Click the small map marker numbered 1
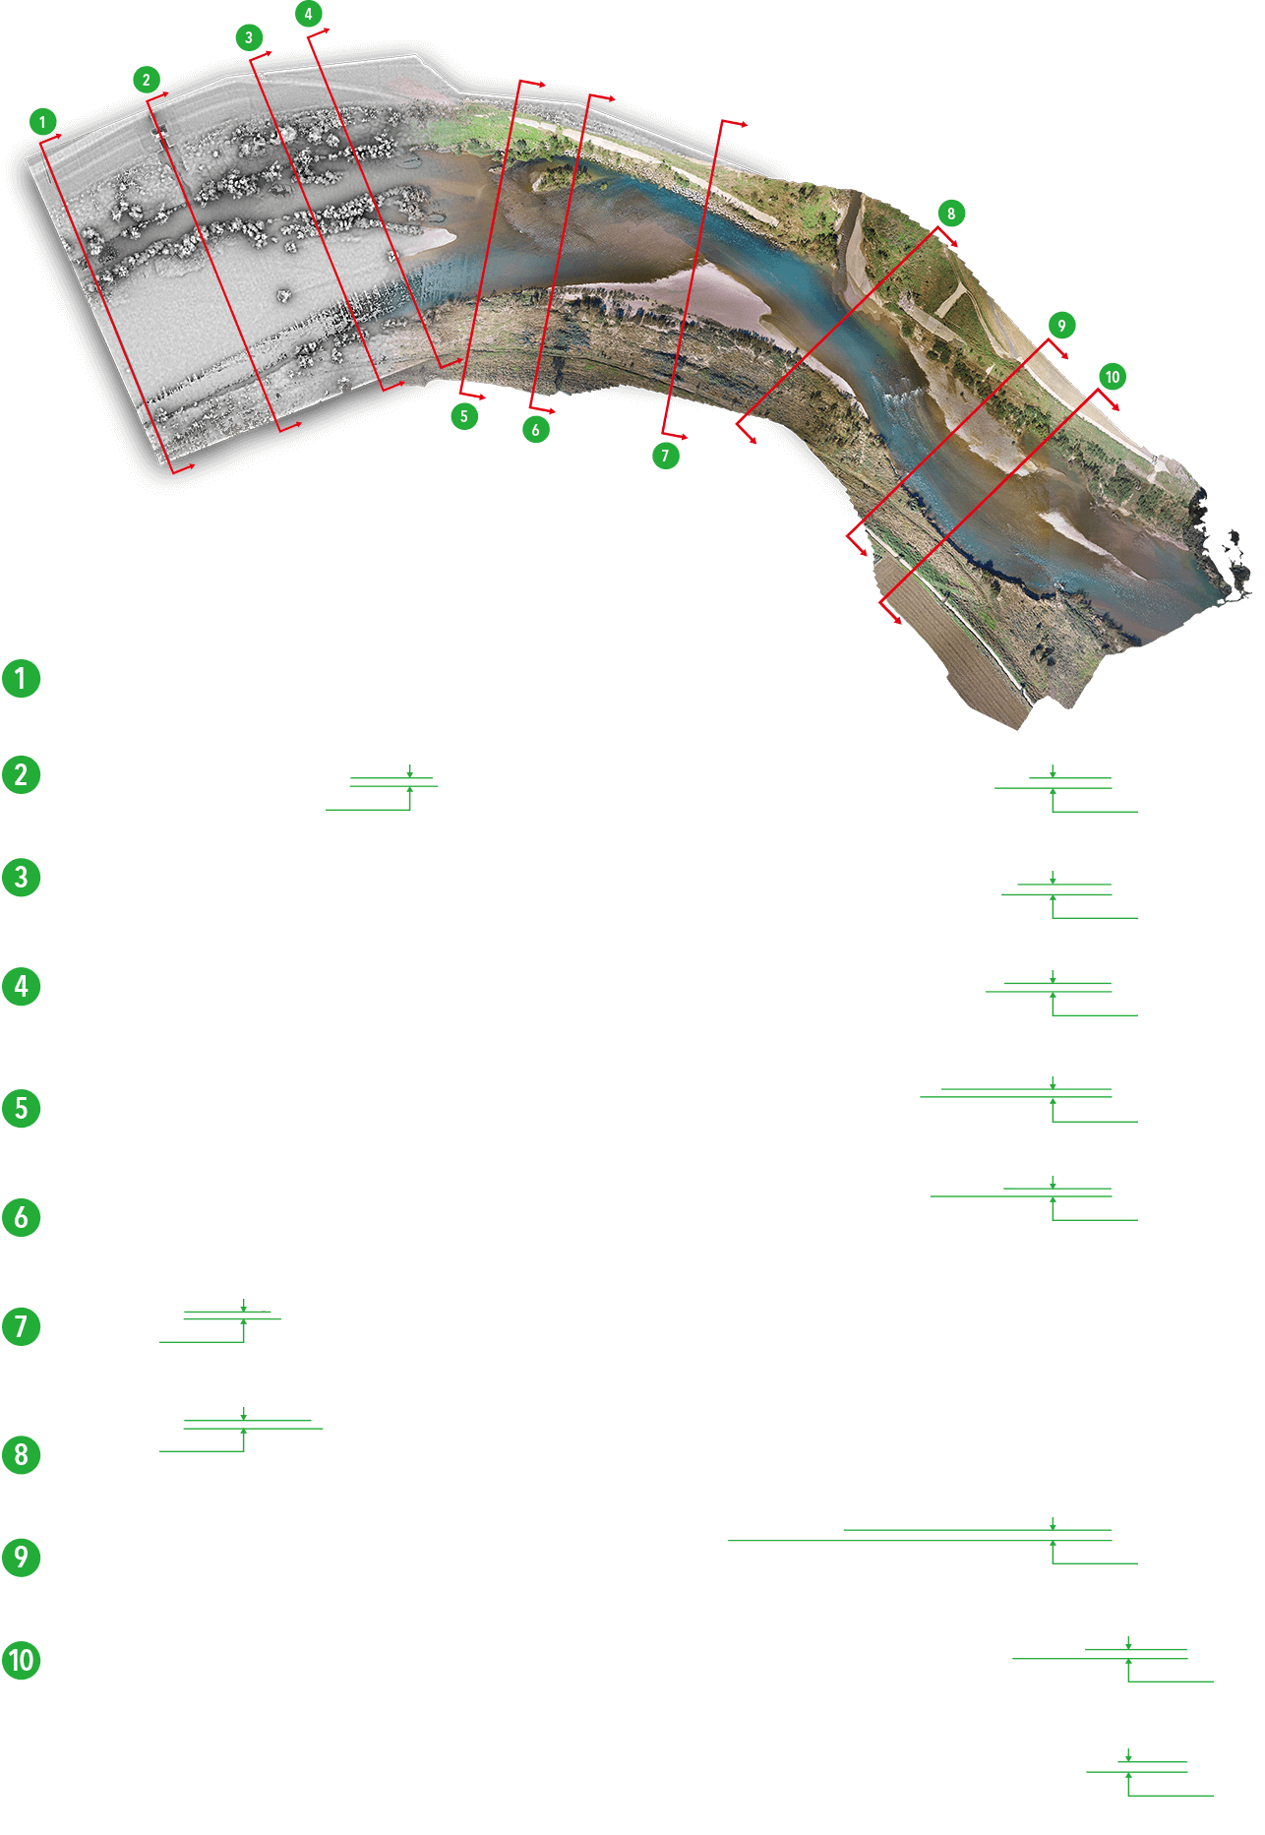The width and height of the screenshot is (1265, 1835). [42, 122]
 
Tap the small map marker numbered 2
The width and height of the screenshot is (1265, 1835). [146, 80]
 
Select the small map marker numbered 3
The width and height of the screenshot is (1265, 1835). [249, 37]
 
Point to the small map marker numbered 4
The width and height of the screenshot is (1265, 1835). [308, 14]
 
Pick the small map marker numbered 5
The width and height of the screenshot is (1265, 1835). [464, 416]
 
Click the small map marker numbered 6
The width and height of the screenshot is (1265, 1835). [535, 430]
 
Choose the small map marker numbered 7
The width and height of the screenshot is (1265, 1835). [665, 456]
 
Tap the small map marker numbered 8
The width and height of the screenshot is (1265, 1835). [950, 214]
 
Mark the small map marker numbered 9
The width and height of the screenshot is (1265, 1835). [1060, 326]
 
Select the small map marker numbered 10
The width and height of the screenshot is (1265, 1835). [1112, 377]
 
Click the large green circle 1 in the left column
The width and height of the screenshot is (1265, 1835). [21, 678]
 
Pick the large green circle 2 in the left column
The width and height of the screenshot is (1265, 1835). [21, 774]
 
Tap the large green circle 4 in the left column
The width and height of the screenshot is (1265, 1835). [21, 986]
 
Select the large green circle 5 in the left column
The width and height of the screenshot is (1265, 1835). [21, 1108]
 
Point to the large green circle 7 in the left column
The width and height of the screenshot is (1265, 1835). [21, 1326]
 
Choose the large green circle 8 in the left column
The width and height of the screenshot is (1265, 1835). [21, 1454]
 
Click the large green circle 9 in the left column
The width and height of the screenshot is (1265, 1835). [21, 1558]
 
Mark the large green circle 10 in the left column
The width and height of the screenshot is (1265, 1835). [21, 1661]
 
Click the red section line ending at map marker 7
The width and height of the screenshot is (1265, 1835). [693, 276]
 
